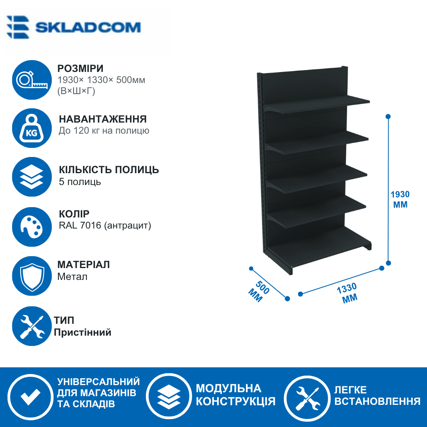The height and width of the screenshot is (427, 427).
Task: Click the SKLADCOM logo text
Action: pyautogui.click(x=88, y=28)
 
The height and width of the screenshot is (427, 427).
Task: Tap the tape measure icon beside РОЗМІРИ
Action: pyautogui.click(x=32, y=80)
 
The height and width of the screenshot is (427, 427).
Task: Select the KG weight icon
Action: pyautogui.click(x=32, y=128)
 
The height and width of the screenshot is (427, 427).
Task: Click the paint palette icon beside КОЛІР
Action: pyautogui.click(x=32, y=227)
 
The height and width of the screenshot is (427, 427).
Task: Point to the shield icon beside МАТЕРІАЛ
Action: pyautogui.click(x=32, y=276)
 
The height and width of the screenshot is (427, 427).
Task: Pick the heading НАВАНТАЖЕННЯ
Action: pyautogui.click(x=103, y=119)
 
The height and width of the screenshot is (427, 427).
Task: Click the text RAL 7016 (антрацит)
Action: pyautogui.click(x=105, y=225)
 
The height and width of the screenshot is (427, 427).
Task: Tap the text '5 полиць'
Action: pyautogui.click(x=80, y=181)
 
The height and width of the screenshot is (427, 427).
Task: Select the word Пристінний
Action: pyautogui.click(x=83, y=333)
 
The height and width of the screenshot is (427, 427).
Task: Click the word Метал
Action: pyautogui.click(x=72, y=277)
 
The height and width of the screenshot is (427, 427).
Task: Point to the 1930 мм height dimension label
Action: pyautogui.click(x=400, y=199)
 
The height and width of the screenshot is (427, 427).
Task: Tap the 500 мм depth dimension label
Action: pyautogui.click(x=259, y=291)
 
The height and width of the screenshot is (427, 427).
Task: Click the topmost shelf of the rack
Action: pyautogui.click(x=317, y=104)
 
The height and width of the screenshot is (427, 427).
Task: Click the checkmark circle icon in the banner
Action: pyautogui.click(x=30, y=396)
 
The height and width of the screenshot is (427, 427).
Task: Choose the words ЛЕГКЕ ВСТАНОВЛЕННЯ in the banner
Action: pyautogui.click(x=378, y=396)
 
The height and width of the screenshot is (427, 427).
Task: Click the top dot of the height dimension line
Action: pyautogui.click(x=388, y=117)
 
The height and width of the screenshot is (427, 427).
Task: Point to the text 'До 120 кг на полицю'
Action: pyautogui.click(x=104, y=131)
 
